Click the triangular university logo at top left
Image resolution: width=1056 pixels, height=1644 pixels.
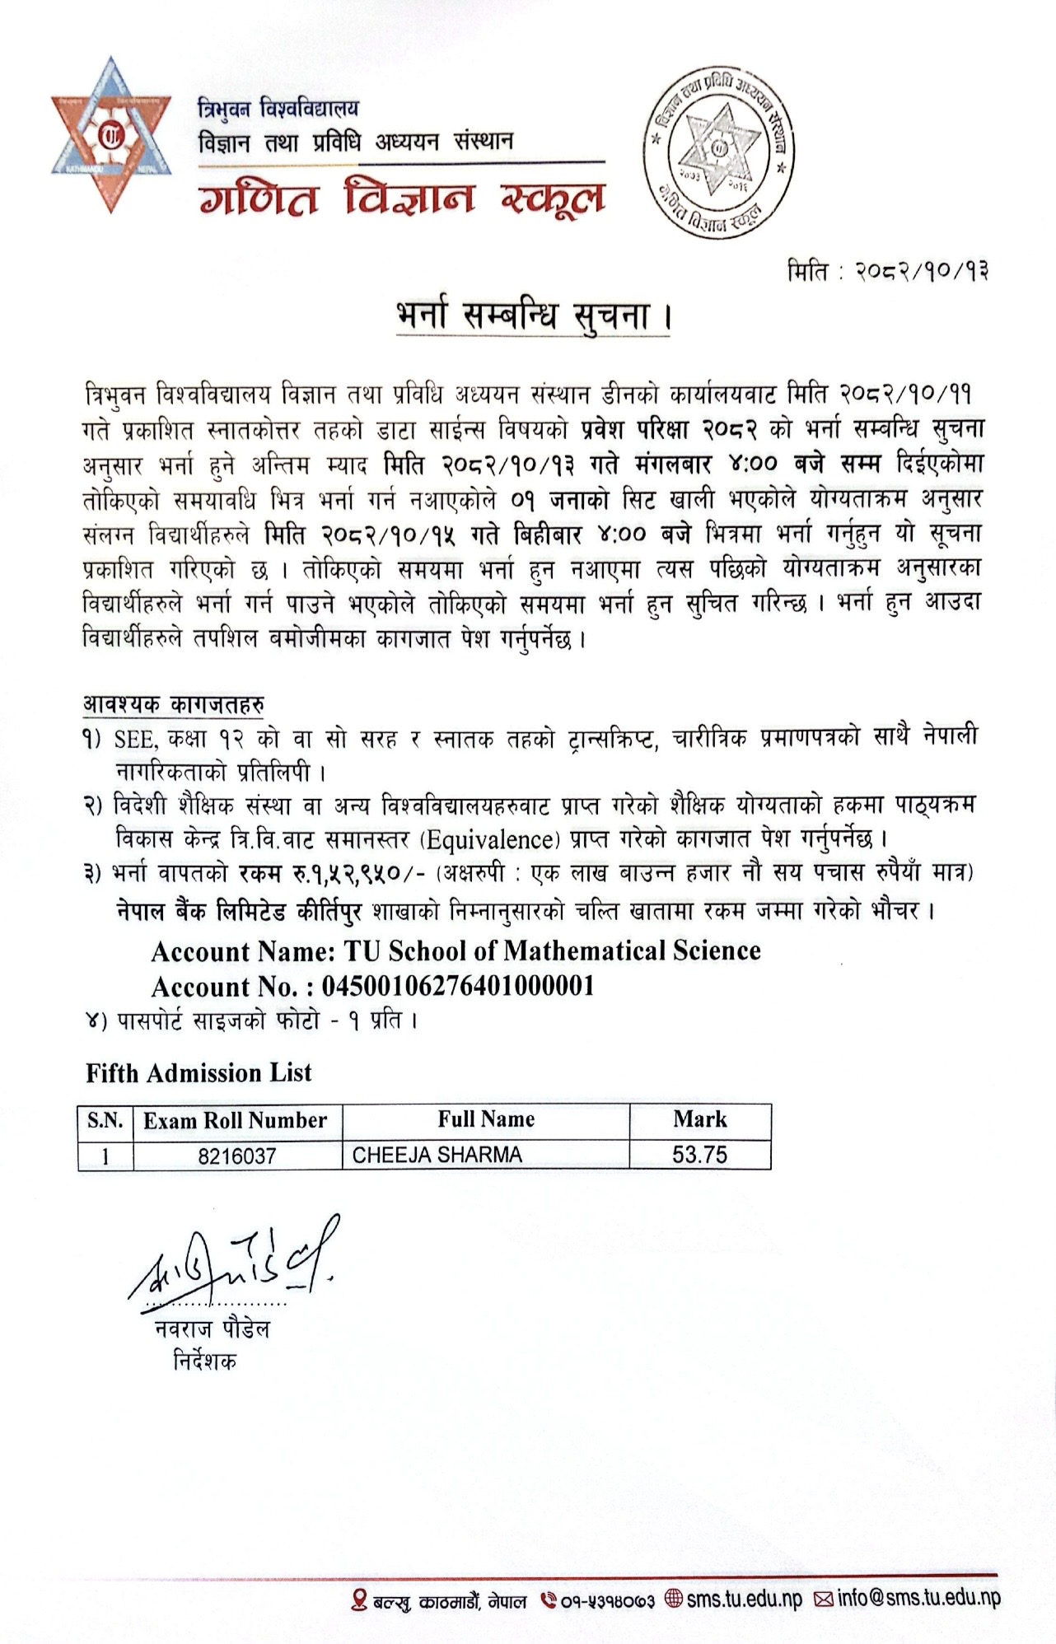110,134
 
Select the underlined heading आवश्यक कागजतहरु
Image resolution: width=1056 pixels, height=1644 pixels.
174,705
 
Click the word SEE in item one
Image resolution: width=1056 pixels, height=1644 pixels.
134,739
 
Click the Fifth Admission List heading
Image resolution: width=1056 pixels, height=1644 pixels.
199,1073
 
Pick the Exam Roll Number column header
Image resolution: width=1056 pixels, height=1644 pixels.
236,1121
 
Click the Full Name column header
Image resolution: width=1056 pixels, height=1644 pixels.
486,1119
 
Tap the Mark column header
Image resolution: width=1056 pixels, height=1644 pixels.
700,1119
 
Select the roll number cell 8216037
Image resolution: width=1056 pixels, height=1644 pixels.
237,1156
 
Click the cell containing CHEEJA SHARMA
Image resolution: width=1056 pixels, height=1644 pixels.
437,1156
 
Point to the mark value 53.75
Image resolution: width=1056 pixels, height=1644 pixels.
700,1155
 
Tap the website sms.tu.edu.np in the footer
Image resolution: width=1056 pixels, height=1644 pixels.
745,1600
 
